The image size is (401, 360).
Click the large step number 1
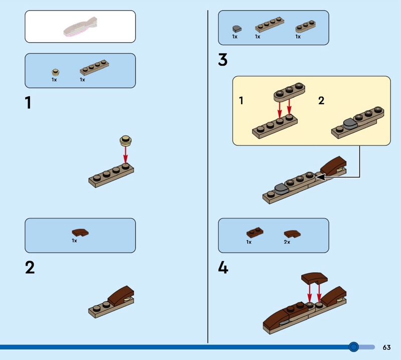pyautogui.click(x=28, y=103)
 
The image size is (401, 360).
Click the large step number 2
pyautogui.click(x=30, y=268)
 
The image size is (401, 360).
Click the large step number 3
pyautogui.click(x=223, y=60)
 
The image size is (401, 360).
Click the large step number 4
pyautogui.click(x=223, y=268)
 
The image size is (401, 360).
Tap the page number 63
pyautogui.click(x=386, y=347)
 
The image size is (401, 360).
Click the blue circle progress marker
pyautogui.click(x=354, y=347)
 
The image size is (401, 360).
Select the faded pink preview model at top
pyautogui.click(x=80, y=27)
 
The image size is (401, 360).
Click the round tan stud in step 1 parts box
pyautogui.click(x=56, y=72)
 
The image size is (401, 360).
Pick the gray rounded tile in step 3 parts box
pyautogui.click(x=237, y=29)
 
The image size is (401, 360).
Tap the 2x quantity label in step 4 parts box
pyautogui.click(x=287, y=242)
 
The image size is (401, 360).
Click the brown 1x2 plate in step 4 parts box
pyautogui.click(x=255, y=232)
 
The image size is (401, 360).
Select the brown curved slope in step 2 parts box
pyautogui.click(x=80, y=232)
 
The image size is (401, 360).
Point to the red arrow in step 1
pyautogui.click(x=125, y=154)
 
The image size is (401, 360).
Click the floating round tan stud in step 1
pyautogui.click(x=126, y=140)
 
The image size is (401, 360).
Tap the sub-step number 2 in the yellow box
pyautogui.click(x=321, y=100)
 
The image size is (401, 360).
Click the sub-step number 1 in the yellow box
pyautogui.click(x=241, y=101)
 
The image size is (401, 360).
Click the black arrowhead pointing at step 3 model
pyautogui.click(x=321, y=177)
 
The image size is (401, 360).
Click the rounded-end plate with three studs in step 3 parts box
pyautogui.click(x=305, y=27)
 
